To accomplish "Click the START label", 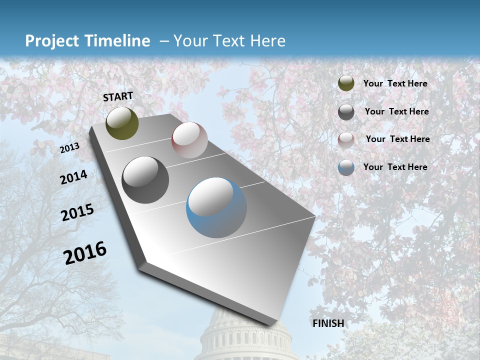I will [x=118, y=96].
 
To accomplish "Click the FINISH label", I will [x=328, y=323].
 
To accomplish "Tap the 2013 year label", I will [x=69, y=147].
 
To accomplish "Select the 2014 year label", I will [x=73, y=177].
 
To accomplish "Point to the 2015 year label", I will [x=77, y=212].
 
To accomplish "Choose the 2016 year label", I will [x=85, y=252].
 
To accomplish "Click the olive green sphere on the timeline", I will [x=122, y=123].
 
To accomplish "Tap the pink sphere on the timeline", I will [x=189, y=140].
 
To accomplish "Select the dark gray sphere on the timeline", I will [x=145, y=180].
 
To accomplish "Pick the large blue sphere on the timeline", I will [x=216, y=207].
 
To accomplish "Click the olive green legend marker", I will [x=346, y=83].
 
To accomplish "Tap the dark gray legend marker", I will [x=346, y=112].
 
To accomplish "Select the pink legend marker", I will [x=346, y=139].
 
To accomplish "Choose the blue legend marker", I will [x=346, y=167].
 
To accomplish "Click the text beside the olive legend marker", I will [x=395, y=83].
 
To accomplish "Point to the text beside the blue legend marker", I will [x=395, y=167].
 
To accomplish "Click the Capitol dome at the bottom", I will [x=245, y=335].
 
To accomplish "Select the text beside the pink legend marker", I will [x=397, y=139].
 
